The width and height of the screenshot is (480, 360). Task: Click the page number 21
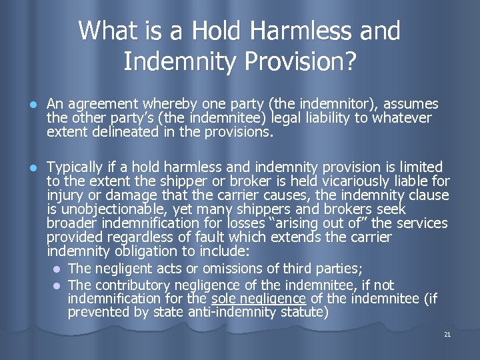(x=447, y=335)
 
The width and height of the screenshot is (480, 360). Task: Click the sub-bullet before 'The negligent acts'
(x=57, y=269)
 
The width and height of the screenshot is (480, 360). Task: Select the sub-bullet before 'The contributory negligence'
(x=57, y=285)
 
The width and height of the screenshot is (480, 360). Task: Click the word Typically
(x=75, y=167)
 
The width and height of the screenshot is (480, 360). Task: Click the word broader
(x=72, y=223)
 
